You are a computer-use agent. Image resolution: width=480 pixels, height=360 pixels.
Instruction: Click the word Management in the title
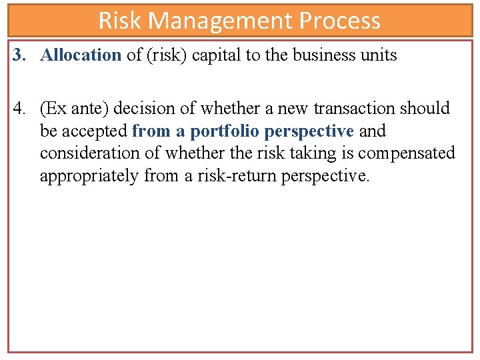pyautogui.click(x=221, y=21)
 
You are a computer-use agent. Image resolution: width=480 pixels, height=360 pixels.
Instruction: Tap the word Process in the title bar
pyautogui.click(x=340, y=21)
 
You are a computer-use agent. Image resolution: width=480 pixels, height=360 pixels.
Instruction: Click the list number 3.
pyautogui.click(x=18, y=55)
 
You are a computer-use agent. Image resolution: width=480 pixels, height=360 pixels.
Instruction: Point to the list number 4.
pyautogui.click(x=18, y=108)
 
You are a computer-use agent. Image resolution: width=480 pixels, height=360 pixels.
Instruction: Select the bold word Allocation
pyautogui.click(x=81, y=55)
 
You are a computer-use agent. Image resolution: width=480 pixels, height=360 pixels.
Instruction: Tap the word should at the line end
pyautogui.click(x=425, y=108)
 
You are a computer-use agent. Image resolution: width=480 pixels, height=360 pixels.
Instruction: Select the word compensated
pyautogui.click(x=406, y=153)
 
